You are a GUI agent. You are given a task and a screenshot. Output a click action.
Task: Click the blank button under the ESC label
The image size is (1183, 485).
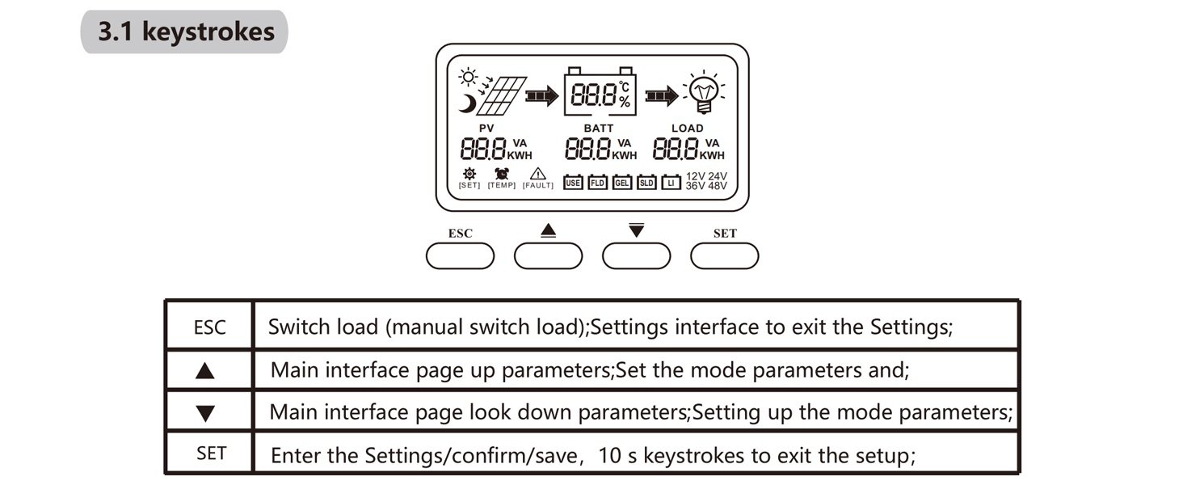coord(460,256)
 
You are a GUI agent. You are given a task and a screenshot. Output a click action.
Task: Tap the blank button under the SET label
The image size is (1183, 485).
coord(724,256)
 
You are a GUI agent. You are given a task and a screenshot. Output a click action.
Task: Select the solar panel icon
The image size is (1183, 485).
coord(501,95)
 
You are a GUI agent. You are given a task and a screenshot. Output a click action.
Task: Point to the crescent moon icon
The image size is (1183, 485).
coord(467,103)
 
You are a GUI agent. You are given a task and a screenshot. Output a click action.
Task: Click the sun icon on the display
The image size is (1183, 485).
coord(468,77)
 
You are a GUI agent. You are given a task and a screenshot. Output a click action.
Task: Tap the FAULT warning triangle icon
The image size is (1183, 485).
coord(537,173)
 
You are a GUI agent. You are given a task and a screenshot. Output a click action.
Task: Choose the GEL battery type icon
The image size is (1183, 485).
coord(621,182)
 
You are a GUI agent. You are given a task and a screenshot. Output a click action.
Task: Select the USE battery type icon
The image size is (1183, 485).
coord(573,182)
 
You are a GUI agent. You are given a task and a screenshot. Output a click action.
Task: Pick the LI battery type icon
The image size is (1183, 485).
coord(671,182)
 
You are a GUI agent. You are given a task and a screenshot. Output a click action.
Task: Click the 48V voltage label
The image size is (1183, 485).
coord(718,186)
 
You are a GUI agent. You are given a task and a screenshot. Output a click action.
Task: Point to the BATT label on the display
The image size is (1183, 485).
coord(598,129)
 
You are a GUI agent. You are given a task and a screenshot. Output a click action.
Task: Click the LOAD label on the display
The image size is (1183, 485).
coord(687,129)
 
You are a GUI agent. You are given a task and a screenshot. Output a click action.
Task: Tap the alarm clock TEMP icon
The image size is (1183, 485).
coord(502,173)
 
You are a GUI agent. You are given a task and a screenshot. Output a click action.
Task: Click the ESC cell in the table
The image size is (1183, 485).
coord(209,326)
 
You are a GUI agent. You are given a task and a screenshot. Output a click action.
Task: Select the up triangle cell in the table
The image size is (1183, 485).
coord(209,370)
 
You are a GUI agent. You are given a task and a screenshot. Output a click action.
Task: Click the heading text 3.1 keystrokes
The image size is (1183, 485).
coord(186,32)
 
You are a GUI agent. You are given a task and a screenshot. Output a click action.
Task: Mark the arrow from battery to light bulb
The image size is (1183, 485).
coord(662,95)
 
